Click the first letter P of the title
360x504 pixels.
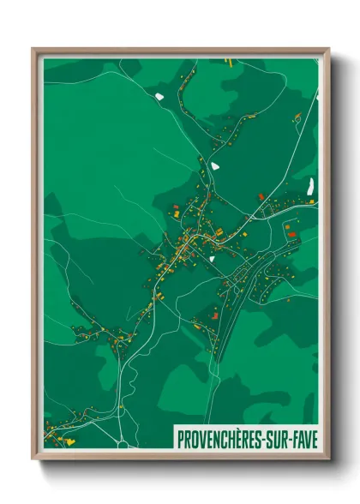180,439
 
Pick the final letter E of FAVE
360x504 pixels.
313,439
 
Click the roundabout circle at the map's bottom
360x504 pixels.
122,443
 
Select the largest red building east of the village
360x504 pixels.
291,232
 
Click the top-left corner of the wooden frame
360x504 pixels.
33,49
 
